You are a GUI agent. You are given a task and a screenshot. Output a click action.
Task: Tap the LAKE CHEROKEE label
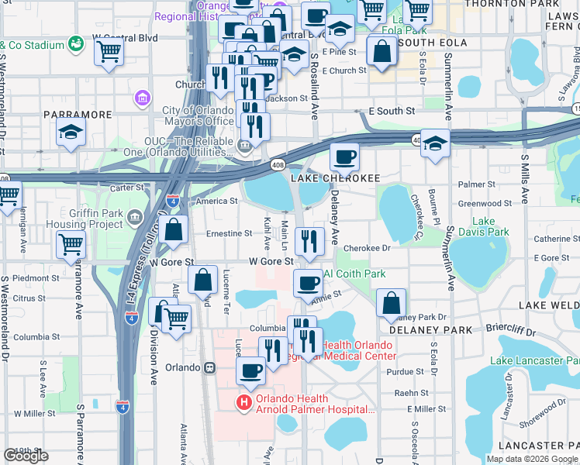click(336, 178)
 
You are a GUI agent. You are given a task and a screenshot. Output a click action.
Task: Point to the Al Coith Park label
click(354, 274)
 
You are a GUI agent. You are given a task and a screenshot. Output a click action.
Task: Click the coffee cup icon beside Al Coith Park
click(308, 282)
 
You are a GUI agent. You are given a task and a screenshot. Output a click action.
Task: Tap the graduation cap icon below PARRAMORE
click(71, 132)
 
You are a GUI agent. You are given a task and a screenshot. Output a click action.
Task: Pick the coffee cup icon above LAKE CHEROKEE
click(344, 157)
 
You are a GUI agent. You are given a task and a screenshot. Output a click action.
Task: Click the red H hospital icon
click(243, 402)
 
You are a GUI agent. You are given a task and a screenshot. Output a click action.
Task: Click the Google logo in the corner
click(26, 456)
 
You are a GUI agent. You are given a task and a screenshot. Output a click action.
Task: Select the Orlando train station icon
click(209, 369)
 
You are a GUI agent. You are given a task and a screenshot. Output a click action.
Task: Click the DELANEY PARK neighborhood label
click(419, 330)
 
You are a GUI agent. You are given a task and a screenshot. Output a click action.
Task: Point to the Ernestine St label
click(229, 232)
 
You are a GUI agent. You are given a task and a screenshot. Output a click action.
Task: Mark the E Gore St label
click(552, 257)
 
